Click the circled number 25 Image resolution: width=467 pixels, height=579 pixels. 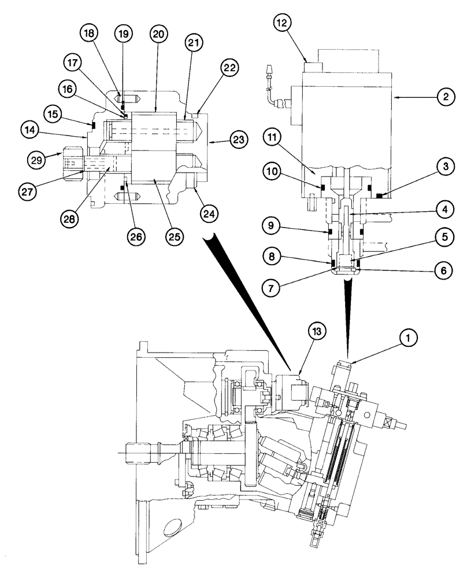tap(173, 237)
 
